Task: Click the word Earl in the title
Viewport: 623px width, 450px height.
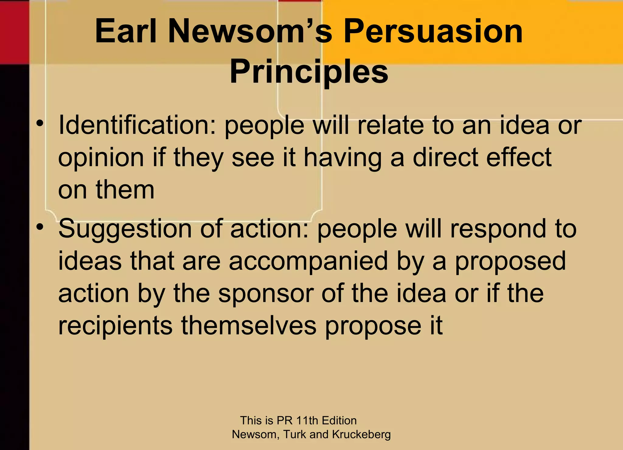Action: [x=126, y=31]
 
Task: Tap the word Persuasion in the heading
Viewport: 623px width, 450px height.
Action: [x=433, y=31]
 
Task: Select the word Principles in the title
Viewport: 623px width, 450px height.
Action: [x=309, y=72]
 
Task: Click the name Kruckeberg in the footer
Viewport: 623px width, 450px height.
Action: [x=361, y=434]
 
